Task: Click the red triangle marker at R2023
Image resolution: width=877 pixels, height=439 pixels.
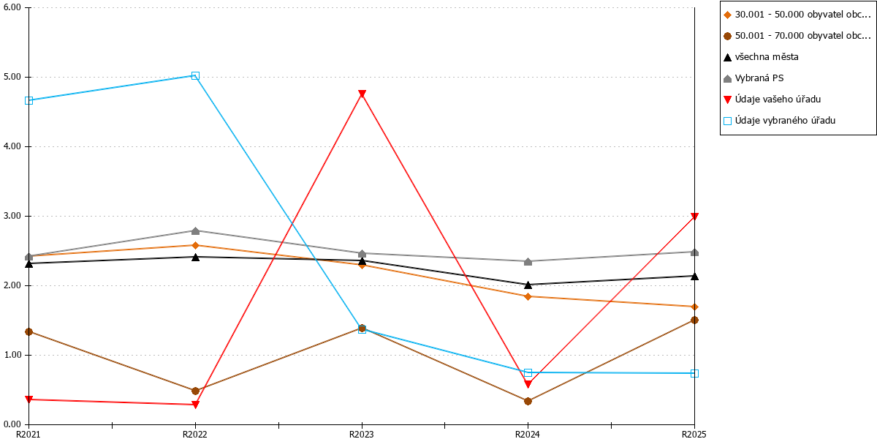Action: point(362,94)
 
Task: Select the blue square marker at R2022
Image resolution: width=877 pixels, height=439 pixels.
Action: point(195,75)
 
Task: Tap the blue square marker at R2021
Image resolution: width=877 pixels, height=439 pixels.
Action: point(29,100)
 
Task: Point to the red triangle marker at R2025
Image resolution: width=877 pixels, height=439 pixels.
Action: point(694,217)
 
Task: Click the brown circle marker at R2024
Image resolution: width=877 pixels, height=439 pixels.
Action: point(528,401)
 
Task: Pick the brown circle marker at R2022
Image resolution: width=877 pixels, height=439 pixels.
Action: point(195,391)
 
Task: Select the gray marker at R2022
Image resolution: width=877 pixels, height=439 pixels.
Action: point(195,231)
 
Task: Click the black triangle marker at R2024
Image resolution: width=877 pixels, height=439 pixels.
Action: point(528,285)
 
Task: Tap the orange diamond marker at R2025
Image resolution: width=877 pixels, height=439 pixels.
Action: point(694,307)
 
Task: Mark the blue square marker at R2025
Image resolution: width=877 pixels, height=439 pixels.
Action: point(694,373)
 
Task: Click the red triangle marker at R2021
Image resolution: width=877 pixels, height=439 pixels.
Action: point(29,399)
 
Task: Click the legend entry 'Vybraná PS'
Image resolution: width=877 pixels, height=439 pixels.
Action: point(753,78)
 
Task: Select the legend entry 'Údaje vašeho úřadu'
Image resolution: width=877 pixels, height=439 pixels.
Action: point(772,100)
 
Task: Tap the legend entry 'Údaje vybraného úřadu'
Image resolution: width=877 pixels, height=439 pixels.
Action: point(780,120)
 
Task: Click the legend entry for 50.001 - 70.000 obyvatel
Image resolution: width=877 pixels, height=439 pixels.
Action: point(797,36)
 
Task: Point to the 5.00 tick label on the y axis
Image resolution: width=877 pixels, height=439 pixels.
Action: point(12,77)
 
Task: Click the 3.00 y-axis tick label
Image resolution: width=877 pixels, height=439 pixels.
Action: point(12,216)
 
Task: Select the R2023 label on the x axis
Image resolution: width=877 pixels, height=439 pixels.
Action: point(361,434)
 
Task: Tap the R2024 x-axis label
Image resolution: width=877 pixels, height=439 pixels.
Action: point(528,434)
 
